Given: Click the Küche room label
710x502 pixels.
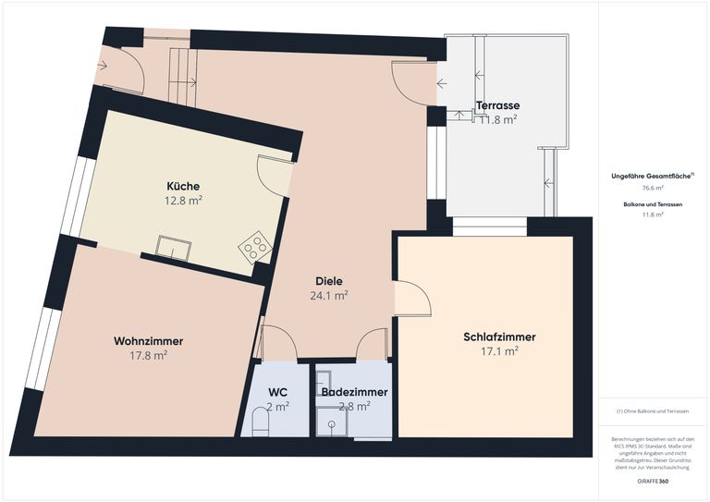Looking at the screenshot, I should pyautogui.click(x=183, y=186).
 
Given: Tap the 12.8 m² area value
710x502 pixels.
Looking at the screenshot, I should pyautogui.click(x=184, y=200).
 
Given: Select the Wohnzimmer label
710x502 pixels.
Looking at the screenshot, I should pyautogui.click(x=148, y=341).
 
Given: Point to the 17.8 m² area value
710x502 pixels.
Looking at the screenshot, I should pyautogui.click(x=149, y=355).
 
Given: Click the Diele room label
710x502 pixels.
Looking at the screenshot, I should pyautogui.click(x=328, y=282).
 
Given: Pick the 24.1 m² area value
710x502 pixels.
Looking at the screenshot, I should pyautogui.click(x=328, y=297).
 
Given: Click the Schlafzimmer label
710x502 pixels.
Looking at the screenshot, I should pyautogui.click(x=499, y=337).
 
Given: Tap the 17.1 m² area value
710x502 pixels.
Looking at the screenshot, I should pyautogui.click(x=499, y=351).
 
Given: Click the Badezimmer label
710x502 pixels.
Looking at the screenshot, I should pyautogui.click(x=354, y=392).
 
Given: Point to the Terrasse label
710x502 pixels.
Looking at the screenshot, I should pyautogui.click(x=497, y=105).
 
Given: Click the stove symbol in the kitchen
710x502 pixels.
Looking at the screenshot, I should pyautogui.click(x=254, y=247).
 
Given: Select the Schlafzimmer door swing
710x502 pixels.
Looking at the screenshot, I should pyautogui.click(x=413, y=299).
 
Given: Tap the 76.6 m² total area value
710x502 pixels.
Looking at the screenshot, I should pyautogui.click(x=653, y=187).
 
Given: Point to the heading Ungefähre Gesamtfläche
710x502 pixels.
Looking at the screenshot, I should pyautogui.click(x=651, y=176).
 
